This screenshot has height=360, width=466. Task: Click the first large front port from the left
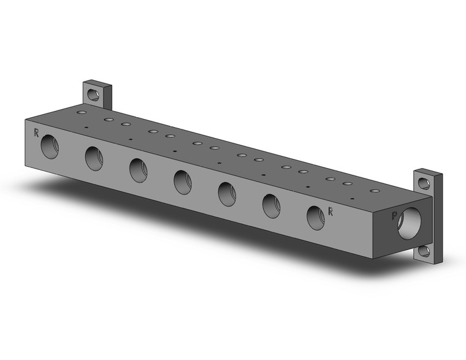[x=50, y=147]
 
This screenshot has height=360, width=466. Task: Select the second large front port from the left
[x=94, y=158]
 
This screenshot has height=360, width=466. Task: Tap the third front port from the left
[x=138, y=170]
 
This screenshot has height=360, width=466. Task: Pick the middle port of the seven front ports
[x=182, y=182]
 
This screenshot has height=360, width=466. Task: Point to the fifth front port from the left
[x=227, y=194]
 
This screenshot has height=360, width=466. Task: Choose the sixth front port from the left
[x=271, y=205]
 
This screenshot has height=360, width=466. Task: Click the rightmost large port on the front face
[x=315, y=218]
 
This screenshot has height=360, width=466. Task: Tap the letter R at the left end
[x=36, y=132]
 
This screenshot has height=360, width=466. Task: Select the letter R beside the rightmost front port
[x=330, y=212]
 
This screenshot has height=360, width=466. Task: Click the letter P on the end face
[x=394, y=216]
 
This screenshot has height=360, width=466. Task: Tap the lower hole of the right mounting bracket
[x=424, y=251]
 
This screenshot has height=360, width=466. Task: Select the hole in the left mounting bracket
[x=93, y=95]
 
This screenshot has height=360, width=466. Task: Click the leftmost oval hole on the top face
[x=81, y=113]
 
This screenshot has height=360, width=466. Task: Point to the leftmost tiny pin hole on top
[x=86, y=128]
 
